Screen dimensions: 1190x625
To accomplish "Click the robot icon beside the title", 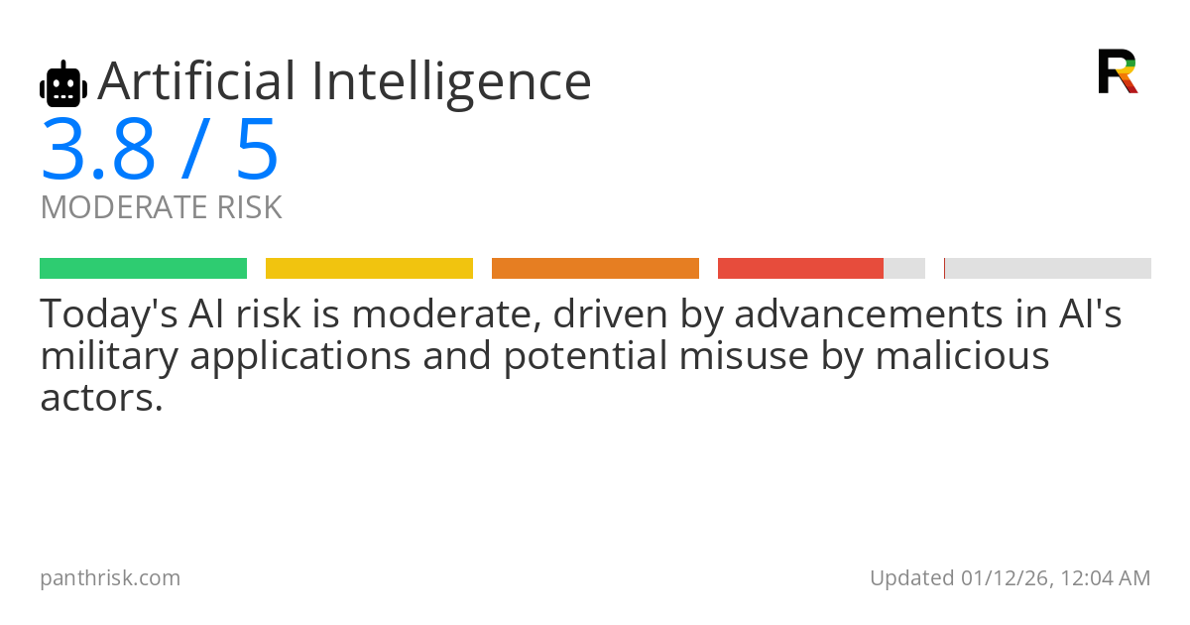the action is point(63,83).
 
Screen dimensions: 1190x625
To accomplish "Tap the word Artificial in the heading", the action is point(196,80).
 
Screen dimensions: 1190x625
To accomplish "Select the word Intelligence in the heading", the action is point(451,85).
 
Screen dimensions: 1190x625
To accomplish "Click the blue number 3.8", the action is point(98,150).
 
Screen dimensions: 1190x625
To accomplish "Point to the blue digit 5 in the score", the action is point(257,150).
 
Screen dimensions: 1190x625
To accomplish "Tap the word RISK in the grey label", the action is point(249,207).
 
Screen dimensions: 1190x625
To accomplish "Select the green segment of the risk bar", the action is point(144,269).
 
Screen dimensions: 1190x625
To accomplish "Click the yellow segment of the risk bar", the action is point(369,269).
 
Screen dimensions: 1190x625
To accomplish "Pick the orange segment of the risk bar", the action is point(596,269).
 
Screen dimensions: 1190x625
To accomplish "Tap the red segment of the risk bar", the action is point(800,269).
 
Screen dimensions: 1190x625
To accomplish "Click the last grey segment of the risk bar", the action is point(1047,269).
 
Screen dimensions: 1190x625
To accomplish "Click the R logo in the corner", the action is point(1118,71).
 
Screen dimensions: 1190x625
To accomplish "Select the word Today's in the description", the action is point(109,314).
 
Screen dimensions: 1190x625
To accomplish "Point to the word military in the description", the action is point(109,357).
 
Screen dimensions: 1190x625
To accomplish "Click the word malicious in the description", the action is point(962,355).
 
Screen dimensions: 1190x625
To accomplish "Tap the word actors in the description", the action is point(101,399).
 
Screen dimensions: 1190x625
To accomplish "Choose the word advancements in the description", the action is point(869,313).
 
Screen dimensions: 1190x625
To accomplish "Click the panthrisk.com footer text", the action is point(110,578).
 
